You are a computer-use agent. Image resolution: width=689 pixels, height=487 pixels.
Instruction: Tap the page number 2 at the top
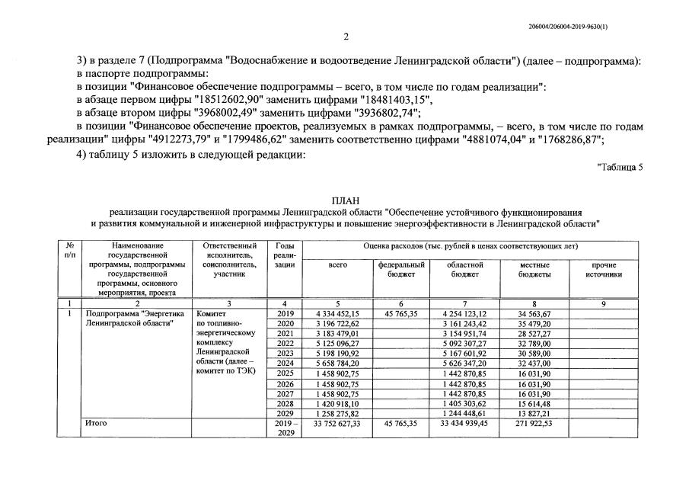[x=345, y=37]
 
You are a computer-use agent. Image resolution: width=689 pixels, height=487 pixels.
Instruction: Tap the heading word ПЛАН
[x=345, y=200]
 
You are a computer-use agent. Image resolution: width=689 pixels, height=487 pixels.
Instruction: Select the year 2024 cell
[x=285, y=363]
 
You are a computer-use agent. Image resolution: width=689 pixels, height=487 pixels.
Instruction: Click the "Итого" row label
[x=96, y=422]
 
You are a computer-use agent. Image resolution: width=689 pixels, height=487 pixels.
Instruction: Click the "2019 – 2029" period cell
[x=285, y=427]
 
